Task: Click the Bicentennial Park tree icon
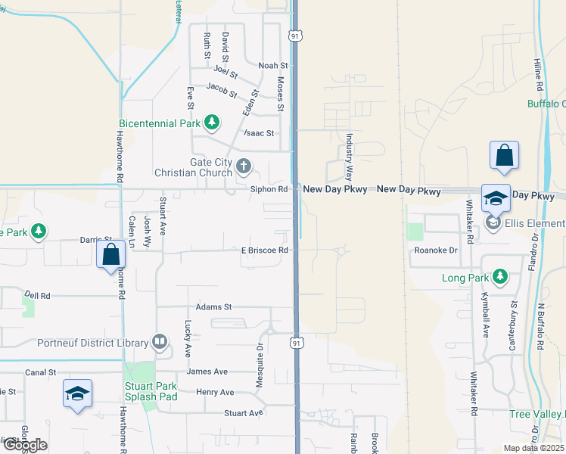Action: (213, 123)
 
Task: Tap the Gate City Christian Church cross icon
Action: (244, 166)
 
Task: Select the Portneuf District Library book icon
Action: (160, 343)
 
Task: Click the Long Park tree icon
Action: (499, 277)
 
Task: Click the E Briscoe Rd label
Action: (265, 250)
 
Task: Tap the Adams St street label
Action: (213, 307)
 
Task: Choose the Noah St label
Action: (273, 66)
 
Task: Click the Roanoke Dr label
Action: (436, 250)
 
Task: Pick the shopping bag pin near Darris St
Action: (110, 255)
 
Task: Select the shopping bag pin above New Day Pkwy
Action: (503, 156)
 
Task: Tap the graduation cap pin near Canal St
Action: (77, 393)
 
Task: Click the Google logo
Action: (24, 445)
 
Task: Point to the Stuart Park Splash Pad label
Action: (151, 391)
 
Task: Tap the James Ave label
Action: (207, 372)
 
